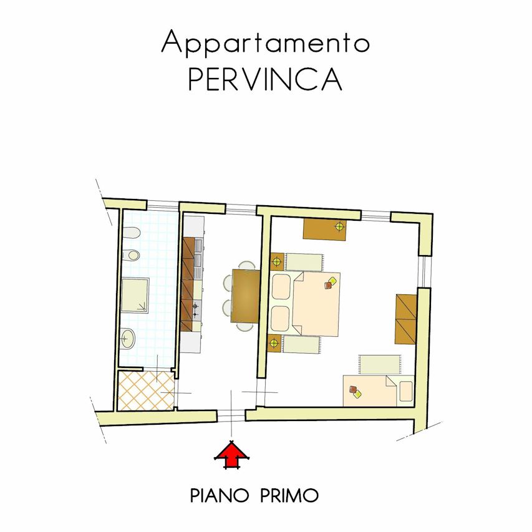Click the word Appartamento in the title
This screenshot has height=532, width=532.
[x=265, y=42]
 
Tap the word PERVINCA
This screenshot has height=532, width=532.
[x=265, y=79]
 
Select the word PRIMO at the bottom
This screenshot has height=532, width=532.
[x=289, y=495]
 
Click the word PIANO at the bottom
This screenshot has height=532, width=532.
[x=220, y=495]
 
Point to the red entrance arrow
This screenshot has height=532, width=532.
[x=232, y=454]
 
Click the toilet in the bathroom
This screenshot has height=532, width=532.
[x=131, y=233]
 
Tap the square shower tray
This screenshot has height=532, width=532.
[x=135, y=295]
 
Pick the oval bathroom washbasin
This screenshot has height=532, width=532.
[x=128, y=338]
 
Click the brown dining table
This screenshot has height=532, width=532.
[x=246, y=296]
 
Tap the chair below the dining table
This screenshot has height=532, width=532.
[x=245, y=327]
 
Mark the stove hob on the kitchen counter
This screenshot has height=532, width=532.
[x=196, y=310]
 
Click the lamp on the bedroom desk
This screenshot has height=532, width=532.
[x=339, y=226]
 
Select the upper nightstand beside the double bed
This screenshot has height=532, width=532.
[x=277, y=261]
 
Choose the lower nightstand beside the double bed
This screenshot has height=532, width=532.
[x=274, y=343]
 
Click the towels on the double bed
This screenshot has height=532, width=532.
[x=330, y=283]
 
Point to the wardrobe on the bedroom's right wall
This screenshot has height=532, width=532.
[x=406, y=319]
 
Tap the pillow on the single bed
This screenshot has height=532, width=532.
[x=406, y=391]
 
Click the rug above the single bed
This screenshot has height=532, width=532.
[x=380, y=364]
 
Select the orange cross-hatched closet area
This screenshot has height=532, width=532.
[x=146, y=390]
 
